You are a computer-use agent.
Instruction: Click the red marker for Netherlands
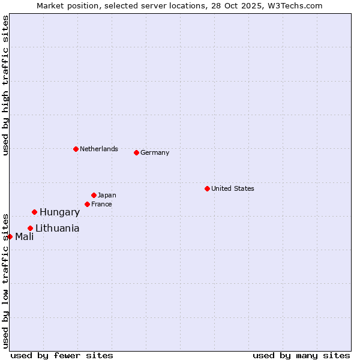tap(76, 149)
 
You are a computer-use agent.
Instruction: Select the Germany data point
tap(136, 152)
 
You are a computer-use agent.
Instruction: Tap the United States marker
tap(207, 188)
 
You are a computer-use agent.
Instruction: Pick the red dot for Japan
tap(94, 195)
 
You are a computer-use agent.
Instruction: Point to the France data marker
tap(87, 204)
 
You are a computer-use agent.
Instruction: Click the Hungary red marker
tap(34, 212)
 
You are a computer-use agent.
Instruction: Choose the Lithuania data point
tap(30, 228)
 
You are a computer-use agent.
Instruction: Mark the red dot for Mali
tap(10, 236)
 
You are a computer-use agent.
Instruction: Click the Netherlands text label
tap(99, 149)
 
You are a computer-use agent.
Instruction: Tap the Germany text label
tap(155, 152)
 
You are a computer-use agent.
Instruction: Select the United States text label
tap(233, 188)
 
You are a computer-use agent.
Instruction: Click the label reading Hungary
tap(59, 212)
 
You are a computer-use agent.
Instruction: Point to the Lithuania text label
tap(57, 228)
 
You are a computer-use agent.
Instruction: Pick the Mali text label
tap(25, 236)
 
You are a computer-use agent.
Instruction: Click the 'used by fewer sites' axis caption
tap(62, 355)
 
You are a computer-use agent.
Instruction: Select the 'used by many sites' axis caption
tap(301, 355)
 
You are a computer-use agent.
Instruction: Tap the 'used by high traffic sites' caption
tap(5, 85)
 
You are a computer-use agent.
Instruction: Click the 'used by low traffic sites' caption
tap(5, 280)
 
